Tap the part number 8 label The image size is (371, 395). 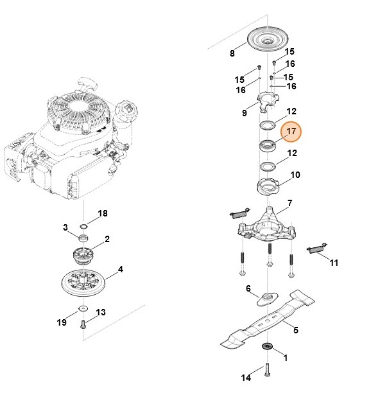(x=232, y=53)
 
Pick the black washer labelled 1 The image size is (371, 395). (x=266, y=347)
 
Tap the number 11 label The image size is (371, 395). (x=334, y=263)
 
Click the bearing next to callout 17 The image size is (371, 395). (x=267, y=145)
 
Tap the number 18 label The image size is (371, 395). (x=103, y=213)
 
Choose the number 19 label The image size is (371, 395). (x=62, y=322)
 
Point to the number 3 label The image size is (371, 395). (x=65, y=228)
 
